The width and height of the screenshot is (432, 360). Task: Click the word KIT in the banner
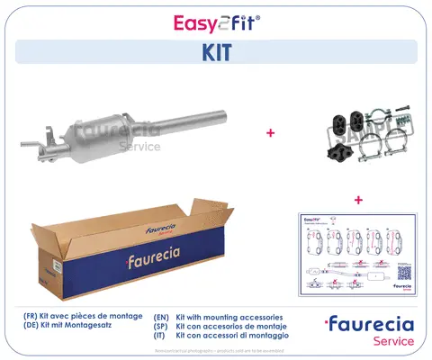[215, 52]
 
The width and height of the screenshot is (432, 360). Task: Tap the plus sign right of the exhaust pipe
[270, 132]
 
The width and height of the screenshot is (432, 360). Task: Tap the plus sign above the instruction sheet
[358, 199]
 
